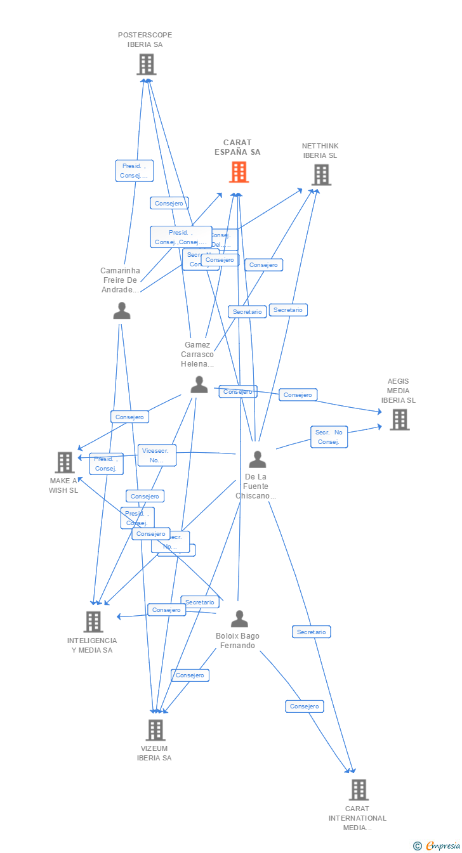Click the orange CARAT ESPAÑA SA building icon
point(239,172)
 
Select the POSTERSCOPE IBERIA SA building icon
point(147,64)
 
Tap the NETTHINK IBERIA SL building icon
point(321,174)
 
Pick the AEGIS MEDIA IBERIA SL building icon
point(399,419)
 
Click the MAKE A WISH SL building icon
point(65,462)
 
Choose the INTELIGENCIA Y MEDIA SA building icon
point(93,622)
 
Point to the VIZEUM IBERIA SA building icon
point(155,730)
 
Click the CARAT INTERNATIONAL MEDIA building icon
point(359,790)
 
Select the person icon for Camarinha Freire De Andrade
point(121,311)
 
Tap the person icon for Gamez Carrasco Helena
point(199,384)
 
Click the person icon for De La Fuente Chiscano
point(257,459)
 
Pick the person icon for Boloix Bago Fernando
point(239,618)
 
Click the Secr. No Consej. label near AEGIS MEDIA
point(329,437)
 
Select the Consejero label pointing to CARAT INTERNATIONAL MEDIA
point(304,706)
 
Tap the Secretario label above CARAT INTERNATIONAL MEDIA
point(311,632)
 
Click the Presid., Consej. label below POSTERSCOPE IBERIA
point(134,171)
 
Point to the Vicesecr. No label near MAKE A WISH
point(157,455)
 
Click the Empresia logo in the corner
point(437,845)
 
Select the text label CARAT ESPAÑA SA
point(241,147)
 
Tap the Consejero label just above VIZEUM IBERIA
point(190,675)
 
